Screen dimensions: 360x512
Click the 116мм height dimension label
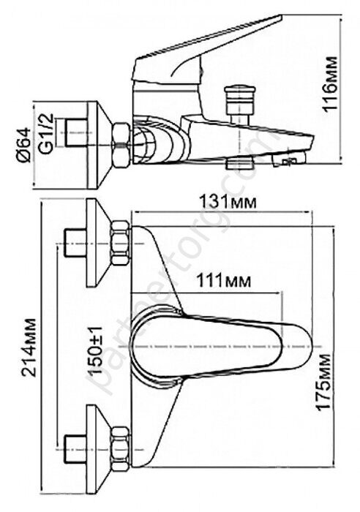[x=330, y=84]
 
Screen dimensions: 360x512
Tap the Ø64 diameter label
[x=23, y=145]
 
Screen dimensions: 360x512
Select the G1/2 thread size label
[x=46, y=133]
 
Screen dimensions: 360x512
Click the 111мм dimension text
[x=223, y=280]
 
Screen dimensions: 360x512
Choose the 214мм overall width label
[x=28, y=347]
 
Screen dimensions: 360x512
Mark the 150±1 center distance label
[x=97, y=350]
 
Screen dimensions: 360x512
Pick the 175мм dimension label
[x=323, y=381]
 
